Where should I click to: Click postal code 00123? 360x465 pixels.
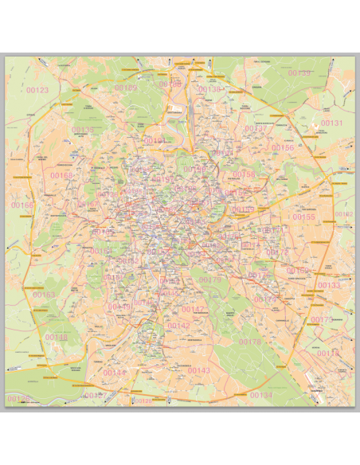(37, 90)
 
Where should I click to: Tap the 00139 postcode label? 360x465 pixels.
(299, 72)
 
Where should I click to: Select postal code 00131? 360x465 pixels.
(331, 123)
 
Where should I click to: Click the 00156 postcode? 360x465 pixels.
(283, 147)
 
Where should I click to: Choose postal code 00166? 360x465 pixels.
(22, 205)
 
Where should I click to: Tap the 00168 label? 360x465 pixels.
(61, 176)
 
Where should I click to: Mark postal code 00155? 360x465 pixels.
(303, 217)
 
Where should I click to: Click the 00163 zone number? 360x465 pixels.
(45, 295)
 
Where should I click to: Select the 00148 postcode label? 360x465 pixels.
(57, 337)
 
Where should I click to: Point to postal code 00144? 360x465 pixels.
(114, 372)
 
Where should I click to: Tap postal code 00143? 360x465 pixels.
(198, 370)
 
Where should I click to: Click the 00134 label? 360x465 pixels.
(260, 395)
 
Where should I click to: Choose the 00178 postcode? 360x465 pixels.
(250, 342)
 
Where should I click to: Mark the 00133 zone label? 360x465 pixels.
(328, 285)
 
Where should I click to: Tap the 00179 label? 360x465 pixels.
(210, 279)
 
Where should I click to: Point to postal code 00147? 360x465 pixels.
(193, 309)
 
